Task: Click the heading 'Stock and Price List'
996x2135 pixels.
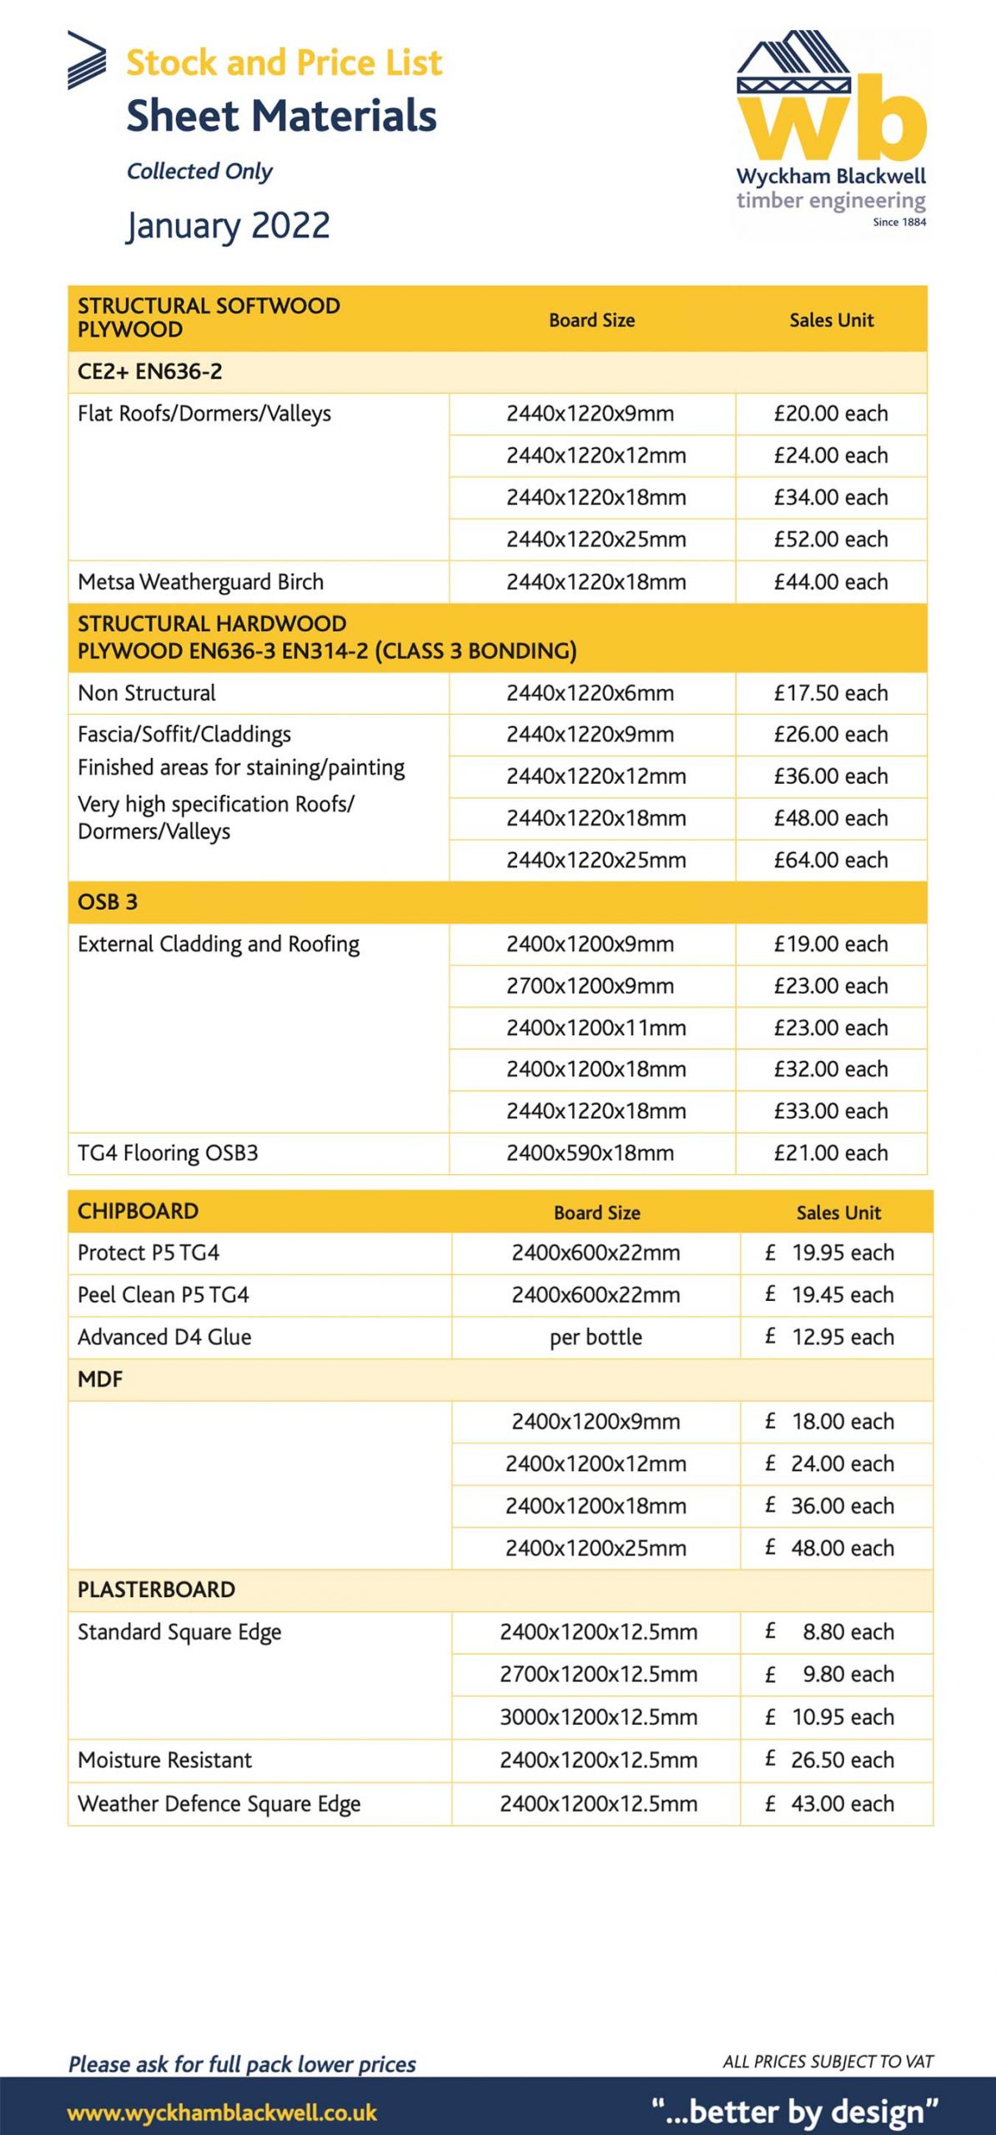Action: coord(284,63)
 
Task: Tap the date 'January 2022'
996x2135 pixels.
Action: coord(229,225)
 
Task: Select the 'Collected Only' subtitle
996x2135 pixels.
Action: coord(199,171)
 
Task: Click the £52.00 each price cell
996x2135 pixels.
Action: coord(830,540)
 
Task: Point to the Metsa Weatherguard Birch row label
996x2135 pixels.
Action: coord(200,582)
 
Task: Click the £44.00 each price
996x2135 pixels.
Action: coord(830,582)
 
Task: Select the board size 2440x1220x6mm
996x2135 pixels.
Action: coord(590,693)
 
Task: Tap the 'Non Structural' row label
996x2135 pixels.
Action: coord(147,693)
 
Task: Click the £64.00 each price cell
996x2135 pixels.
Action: coord(830,860)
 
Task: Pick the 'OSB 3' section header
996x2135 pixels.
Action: coord(108,902)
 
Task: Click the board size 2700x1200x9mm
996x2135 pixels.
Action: coord(590,986)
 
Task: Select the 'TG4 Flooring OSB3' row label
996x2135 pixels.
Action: coord(168,1153)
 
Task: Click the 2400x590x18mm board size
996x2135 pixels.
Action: coord(590,1153)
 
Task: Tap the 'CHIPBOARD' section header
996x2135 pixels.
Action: coord(138,1211)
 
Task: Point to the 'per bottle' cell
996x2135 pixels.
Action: coord(596,1337)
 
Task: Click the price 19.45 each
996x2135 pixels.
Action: coord(842,1295)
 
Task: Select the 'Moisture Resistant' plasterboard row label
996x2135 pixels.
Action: coord(164,1760)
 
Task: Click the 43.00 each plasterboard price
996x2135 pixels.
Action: coord(842,1803)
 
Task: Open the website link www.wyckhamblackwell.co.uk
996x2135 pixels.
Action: coord(222,2113)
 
